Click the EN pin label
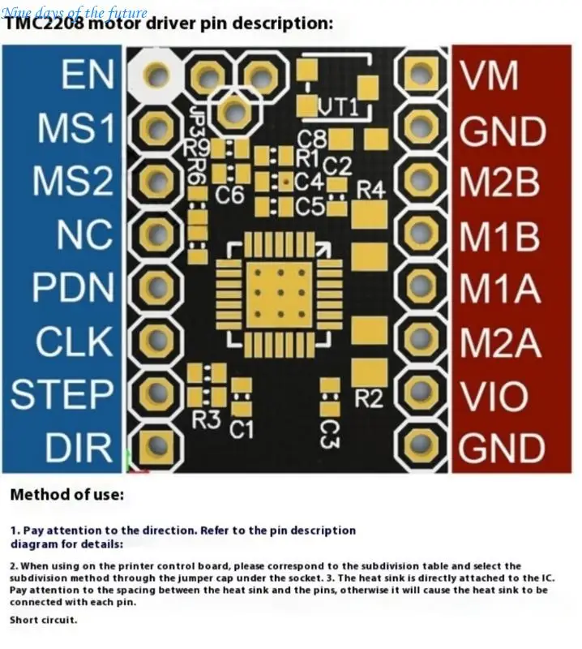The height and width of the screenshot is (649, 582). pos(87,76)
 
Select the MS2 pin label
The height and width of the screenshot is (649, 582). pos(72,182)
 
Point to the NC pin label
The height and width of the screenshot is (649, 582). pos(83,235)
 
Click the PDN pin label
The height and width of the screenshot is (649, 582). pos(72,288)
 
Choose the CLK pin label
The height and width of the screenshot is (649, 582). pos(74,341)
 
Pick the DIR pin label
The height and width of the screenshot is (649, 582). pos(79,447)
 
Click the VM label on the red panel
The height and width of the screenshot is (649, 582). pos(489,76)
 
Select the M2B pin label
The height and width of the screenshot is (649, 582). pos(499,183)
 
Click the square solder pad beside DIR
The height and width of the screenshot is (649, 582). pos(153,445)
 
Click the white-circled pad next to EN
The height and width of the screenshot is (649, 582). pos(157,75)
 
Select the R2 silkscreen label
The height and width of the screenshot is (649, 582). pos(369,398)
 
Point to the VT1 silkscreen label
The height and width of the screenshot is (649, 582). pos(338,107)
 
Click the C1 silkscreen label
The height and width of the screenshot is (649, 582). pos(241,428)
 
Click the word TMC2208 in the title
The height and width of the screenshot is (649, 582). pos(45,24)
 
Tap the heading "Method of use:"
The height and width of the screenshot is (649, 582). pos(67,494)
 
